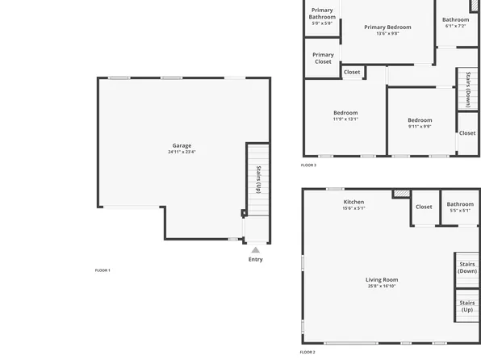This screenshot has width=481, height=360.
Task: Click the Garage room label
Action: tap(182, 145)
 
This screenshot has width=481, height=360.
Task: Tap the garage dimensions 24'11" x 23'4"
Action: tap(182, 152)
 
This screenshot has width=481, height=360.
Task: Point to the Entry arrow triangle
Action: tap(256, 250)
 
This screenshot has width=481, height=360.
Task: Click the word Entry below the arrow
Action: tap(256, 259)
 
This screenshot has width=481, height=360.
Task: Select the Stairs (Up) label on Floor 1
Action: tap(257, 179)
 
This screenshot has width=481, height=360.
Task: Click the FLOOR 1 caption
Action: tap(102, 270)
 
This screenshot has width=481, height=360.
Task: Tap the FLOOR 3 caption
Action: tap(308, 165)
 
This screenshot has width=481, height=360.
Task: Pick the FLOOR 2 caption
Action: tap(307, 352)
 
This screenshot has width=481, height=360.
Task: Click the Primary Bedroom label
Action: tap(387, 27)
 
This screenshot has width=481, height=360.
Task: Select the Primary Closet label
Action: tap(323, 58)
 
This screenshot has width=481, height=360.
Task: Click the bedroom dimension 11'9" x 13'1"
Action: tap(345, 119)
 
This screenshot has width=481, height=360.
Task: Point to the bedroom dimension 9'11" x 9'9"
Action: tap(420, 126)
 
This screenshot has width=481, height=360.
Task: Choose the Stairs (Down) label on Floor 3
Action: tap(468, 89)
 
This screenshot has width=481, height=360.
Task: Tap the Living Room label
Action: tap(382, 280)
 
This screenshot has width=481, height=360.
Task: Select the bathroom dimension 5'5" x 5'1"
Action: tap(460, 211)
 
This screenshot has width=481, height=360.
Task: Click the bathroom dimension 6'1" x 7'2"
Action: tap(455, 26)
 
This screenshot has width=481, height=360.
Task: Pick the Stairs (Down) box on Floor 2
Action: tap(467, 267)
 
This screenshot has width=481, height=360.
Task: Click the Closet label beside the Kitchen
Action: tap(424, 207)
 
